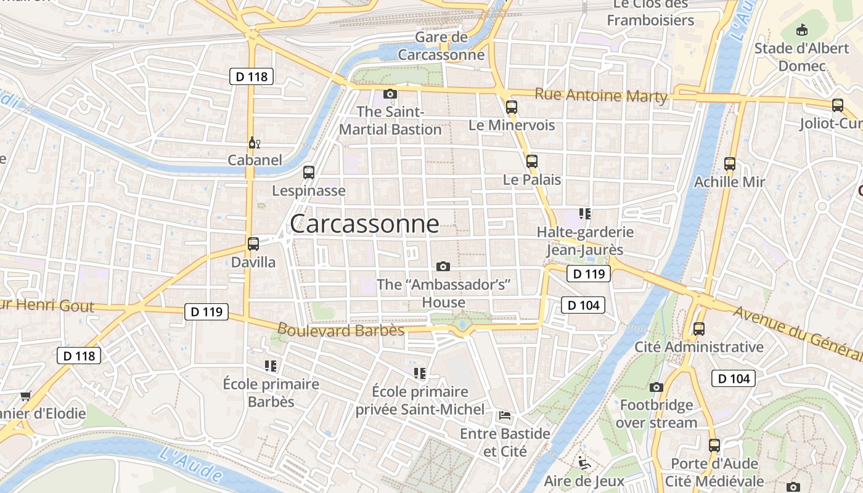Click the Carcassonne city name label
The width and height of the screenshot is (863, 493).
click(364, 224)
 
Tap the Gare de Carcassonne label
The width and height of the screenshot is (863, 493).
click(441, 46)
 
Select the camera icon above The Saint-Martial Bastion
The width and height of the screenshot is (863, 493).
click(390, 94)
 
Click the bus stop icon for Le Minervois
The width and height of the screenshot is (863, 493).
click(511, 107)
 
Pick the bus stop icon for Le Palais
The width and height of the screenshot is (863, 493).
click(532, 161)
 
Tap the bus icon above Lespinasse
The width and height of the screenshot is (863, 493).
click(309, 173)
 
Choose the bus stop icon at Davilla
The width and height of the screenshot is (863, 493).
click(253, 243)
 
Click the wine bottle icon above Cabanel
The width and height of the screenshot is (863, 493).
click(254, 143)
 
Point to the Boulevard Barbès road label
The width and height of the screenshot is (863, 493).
click(341, 330)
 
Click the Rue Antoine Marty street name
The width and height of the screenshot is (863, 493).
click(601, 96)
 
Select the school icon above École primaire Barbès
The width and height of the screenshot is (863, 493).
click(271, 366)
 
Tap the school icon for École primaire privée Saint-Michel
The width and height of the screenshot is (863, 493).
click(420, 373)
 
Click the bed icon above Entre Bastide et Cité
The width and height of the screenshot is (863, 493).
click(505, 415)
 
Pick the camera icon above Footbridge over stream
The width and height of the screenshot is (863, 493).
click(656, 387)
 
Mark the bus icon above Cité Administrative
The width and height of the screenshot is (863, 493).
click(698, 328)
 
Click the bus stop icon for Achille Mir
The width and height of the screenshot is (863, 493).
click(730, 164)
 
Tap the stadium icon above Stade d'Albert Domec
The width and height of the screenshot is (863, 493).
click(802, 29)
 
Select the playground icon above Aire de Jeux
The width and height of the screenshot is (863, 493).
click(583, 462)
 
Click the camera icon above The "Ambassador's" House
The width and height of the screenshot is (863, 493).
click(443, 266)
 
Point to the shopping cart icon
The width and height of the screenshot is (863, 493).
click(25, 396)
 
